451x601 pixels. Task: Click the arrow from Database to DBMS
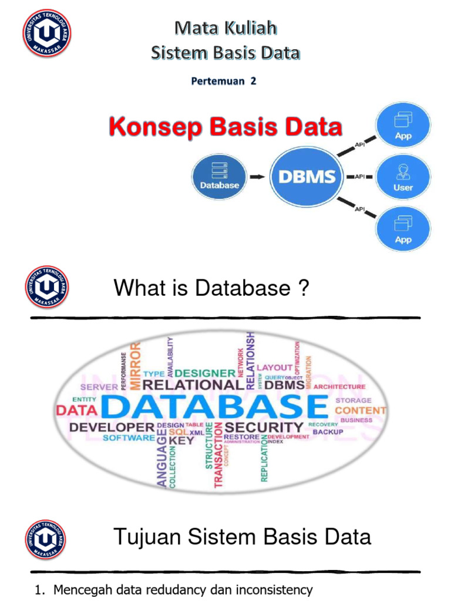257,175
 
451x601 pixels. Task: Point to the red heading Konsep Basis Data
225,127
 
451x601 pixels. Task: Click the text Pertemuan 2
224,82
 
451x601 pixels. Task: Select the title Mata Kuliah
225,28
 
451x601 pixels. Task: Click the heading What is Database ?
211,288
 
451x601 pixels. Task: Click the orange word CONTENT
360,410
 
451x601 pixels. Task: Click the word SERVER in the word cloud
99,387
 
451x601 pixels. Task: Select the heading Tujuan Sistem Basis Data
241,536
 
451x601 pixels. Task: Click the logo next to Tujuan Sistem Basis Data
46,539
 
